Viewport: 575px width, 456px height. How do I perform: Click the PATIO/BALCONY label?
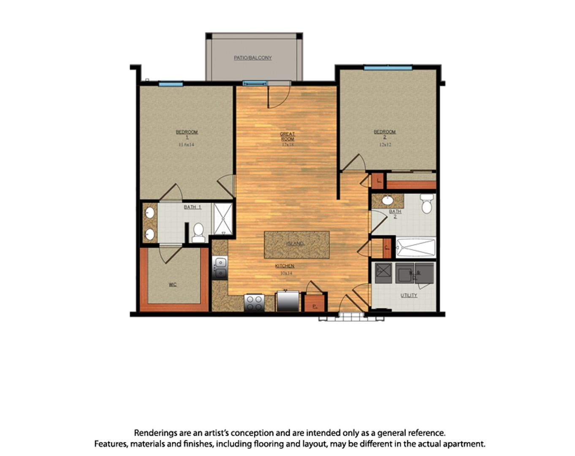tap(253, 58)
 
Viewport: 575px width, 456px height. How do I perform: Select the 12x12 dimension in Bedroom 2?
tap(385, 144)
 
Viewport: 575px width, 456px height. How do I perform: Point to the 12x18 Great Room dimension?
tap(287, 144)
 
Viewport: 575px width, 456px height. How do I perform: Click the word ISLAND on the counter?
tap(295, 244)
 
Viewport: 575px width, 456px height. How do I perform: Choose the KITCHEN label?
tap(285, 266)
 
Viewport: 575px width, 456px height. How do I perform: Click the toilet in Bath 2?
tap(427, 204)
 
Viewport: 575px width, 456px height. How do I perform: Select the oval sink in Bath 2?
tap(387, 200)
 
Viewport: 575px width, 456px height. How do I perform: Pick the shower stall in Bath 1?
tap(222, 219)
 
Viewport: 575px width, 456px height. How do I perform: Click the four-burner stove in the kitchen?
tap(255, 302)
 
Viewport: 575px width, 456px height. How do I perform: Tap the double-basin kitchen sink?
tap(220, 268)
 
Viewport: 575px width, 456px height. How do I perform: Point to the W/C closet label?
tap(173, 285)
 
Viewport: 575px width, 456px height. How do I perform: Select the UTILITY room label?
tap(409, 296)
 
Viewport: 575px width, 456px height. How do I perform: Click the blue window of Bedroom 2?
tap(388, 68)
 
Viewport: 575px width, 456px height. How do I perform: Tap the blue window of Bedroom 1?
tap(171, 84)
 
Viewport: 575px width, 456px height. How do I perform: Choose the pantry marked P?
tap(314, 303)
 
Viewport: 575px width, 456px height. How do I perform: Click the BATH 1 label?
tap(193, 207)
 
